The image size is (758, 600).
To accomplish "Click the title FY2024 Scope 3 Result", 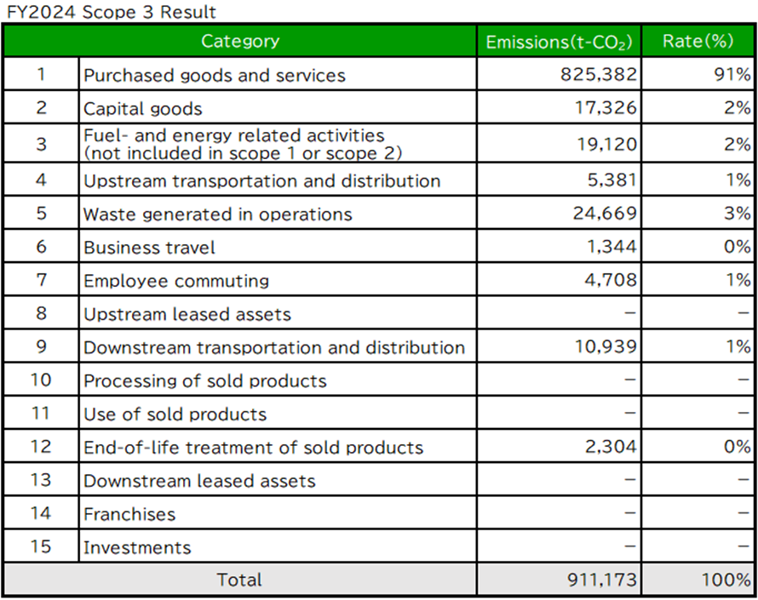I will [x=111, y=12].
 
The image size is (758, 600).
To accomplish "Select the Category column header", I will [x=239, y=41].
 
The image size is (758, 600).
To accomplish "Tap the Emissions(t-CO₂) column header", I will [x=559, y=42].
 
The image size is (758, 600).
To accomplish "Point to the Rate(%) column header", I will [x=698, y=42].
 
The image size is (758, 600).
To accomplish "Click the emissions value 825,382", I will [x=598, y=75].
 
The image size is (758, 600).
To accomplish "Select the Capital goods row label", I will [x=143, y=109].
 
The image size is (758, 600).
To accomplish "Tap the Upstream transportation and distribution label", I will [x=261, y=180].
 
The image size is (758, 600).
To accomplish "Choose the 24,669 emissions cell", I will [x=604, y=214].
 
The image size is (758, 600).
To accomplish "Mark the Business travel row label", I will [x=149, y=248].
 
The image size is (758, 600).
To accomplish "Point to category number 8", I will [x=41, y=313].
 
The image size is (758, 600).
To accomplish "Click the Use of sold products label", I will [x=175, y=414].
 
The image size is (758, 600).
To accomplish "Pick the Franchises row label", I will [x=129, y=514].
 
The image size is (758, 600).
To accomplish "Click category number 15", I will [x=41, y=546].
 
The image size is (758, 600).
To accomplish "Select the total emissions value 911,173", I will [x=600, y=580].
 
